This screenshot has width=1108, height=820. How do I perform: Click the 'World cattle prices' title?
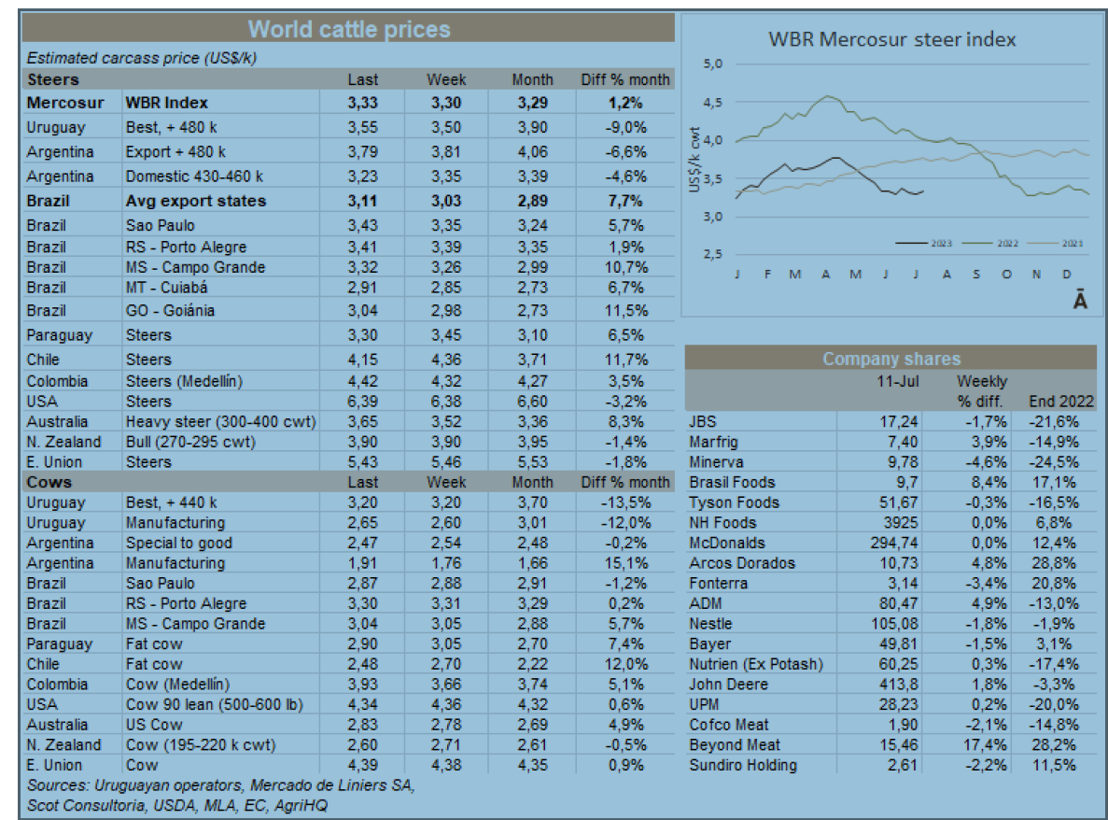(349, 29)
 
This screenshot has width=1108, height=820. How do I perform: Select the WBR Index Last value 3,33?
(362, 103)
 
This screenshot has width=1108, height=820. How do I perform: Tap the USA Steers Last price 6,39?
(362, 402)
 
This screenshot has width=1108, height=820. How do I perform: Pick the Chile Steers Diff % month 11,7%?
(624, 360)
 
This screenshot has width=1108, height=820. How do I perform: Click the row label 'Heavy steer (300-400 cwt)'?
(220, 422)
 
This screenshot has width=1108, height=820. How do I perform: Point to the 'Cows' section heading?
(49, 482)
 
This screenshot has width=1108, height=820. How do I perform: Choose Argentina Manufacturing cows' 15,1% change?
(624, 563)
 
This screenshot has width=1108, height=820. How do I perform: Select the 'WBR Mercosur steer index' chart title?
(891, 39)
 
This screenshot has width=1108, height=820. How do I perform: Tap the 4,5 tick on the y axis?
(714, 103)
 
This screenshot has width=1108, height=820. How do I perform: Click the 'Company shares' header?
(891, 359)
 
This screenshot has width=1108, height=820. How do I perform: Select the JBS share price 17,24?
(899, 422)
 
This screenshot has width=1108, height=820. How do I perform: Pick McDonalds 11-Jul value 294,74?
(892, 543)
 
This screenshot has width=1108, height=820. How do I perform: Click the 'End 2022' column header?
(1060, 402)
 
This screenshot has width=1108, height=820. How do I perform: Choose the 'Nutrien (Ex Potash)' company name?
(756, 664)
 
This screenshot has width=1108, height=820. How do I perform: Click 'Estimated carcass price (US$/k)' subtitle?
(142, 58)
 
